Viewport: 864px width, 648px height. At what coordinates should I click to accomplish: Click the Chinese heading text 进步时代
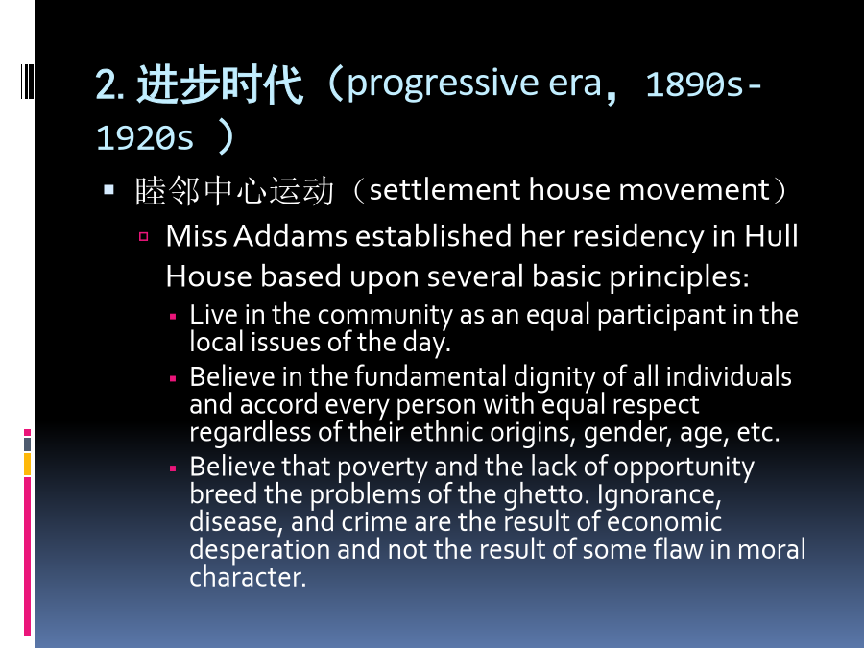point(220,84)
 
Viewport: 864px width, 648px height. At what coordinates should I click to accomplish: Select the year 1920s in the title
point(145,137)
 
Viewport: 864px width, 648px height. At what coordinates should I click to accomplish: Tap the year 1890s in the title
point(694,84)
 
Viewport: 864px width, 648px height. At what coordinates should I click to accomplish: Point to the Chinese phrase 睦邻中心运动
point(234,191)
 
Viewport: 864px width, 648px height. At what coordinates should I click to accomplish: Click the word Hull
point(772,236)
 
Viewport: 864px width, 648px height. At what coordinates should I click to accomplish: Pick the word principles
point(679,277)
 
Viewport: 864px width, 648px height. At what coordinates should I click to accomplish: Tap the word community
point(385,315)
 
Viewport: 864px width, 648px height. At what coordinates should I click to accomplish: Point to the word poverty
point(382,468)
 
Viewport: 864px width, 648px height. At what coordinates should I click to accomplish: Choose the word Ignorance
point(659,494)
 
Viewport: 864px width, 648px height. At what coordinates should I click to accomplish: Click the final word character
point(248,577)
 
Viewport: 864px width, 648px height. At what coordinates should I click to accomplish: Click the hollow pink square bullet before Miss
point(144,237)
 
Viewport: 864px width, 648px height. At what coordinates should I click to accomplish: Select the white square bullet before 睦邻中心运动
point(109,190)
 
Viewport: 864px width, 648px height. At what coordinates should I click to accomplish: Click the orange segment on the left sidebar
point(27,464)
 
